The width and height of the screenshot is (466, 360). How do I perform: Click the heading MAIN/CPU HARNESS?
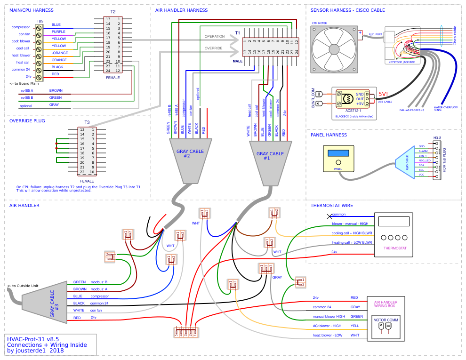click(x=31, y=10)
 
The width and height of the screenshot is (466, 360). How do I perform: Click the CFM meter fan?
click(x=334, y=49)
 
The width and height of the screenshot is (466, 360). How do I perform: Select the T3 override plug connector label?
click(x=87, y=122)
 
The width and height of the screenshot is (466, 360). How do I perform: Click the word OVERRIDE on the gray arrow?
click(x=214, y=48)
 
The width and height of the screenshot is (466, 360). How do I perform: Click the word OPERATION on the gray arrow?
click(x=215, y=36)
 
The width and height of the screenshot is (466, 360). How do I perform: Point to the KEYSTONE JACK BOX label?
click(x=402, y=62)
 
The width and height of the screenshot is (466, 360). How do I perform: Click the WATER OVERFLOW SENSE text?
click(x=445, y=108)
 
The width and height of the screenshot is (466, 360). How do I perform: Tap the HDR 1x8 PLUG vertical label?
click(x=444, y=159)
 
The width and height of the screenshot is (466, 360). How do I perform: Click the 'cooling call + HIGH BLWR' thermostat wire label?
click(x=352, y=233)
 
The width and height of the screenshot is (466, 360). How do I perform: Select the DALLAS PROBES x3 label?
click(x=412, y=110)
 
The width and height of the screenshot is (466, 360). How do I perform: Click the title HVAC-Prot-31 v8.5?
click(x=33, y=338)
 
